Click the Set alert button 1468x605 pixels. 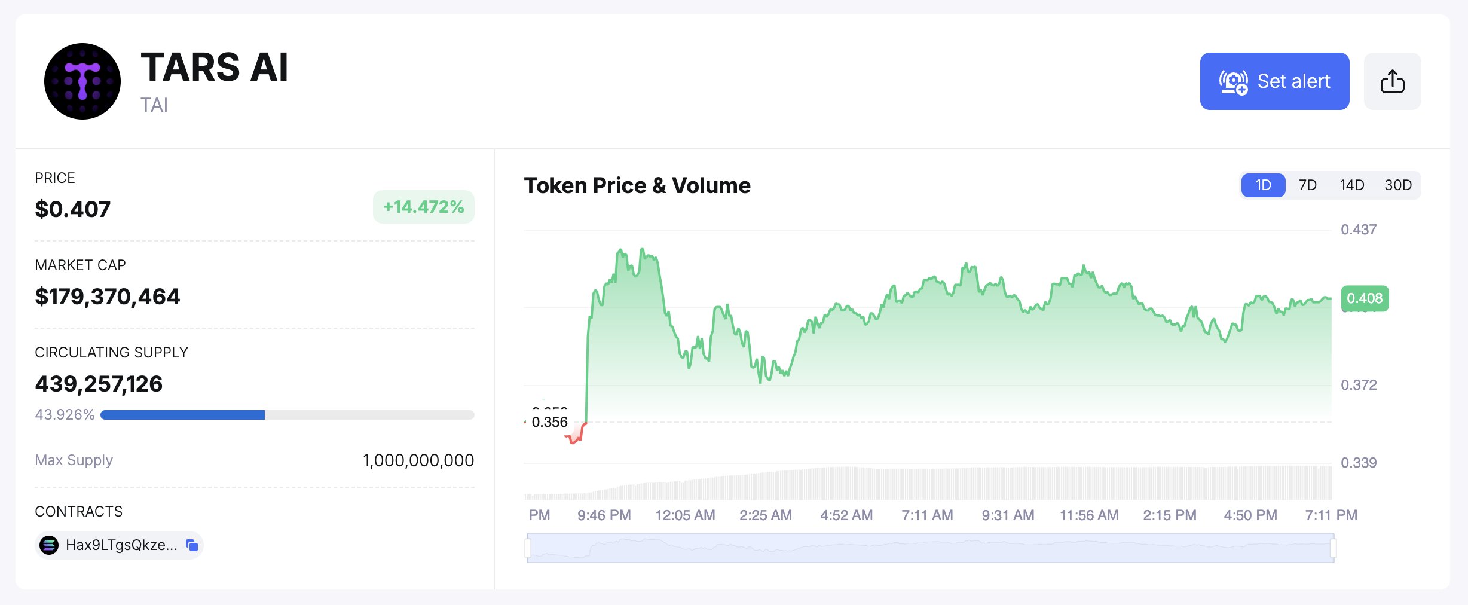coord(1274,81)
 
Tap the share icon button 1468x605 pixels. coord(1392,81)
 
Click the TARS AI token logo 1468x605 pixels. coord(82,81)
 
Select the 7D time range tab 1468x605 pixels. coord(1307,185)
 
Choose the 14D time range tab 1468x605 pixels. coord(1351,185)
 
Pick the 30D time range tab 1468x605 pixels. coord(1398,185)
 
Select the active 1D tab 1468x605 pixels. coord(1263,185)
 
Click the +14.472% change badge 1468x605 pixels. coord(423,207)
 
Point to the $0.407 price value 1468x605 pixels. coord(73,209)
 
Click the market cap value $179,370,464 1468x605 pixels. coord(108,297)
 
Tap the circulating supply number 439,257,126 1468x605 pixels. coord(99,384)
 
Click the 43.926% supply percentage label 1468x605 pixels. coord(65,415)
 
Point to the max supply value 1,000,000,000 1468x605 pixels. coord(418,460)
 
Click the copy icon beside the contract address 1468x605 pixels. coord(192,545)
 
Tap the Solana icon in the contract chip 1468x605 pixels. coord(49,545)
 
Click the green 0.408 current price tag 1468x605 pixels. coord(1365,298)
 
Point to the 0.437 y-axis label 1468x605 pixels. coord(1358,230)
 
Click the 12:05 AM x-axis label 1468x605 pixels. coord(685,515)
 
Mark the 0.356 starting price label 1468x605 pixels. coord(549,422)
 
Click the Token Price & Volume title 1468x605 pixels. coord(637,185)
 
